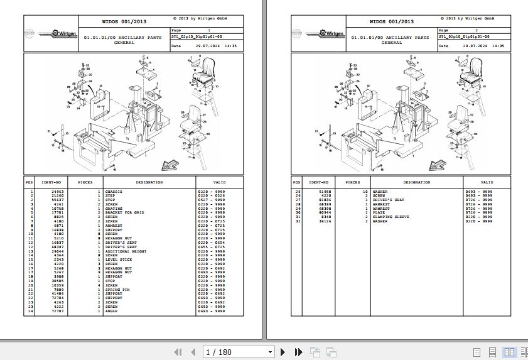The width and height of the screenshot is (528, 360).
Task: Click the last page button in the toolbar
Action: (299, 352)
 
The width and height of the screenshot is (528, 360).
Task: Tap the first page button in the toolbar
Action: (178, 352)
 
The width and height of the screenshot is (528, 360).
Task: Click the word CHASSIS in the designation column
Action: (114, 191)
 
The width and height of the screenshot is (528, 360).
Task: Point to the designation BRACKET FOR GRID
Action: (125, 212)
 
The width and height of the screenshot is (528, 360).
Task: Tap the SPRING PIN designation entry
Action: (117, 289)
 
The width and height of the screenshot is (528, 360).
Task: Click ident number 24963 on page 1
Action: (57, 191)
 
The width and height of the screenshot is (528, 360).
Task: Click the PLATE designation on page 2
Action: (379, 212)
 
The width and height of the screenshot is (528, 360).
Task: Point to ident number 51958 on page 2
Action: (325, 191)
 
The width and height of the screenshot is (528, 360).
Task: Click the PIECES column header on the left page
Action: (85, 182)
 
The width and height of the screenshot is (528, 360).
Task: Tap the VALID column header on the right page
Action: (487, 182)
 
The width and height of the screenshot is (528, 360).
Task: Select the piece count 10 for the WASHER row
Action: (365, 191)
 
